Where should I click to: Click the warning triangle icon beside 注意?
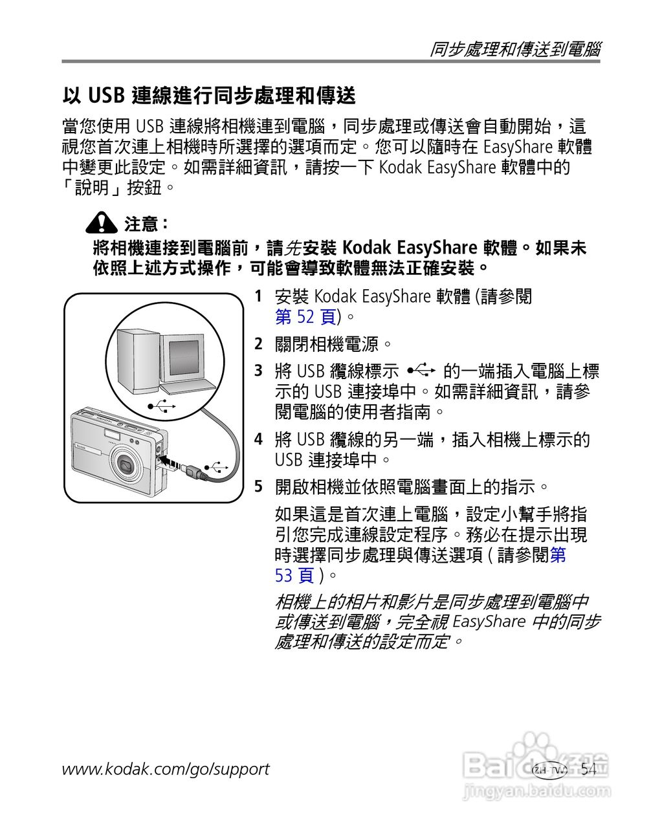click(101, 223)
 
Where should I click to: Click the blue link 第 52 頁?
click(305, 317)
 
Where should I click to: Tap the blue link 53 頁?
click(294, 575)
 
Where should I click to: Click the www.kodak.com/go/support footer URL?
click(166, 769)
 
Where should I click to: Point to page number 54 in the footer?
click(588, 769)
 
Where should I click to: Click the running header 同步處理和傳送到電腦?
click(515, 50)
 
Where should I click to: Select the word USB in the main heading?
click(105, 96)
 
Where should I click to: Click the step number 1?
click(258, 297)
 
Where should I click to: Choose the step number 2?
click(258, 344)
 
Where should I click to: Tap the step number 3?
click(258, 371)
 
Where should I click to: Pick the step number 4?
click(258, 440)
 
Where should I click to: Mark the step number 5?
click(258, 486)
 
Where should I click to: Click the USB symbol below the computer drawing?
click(162, 406)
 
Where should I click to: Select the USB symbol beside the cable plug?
click(215, 467)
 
